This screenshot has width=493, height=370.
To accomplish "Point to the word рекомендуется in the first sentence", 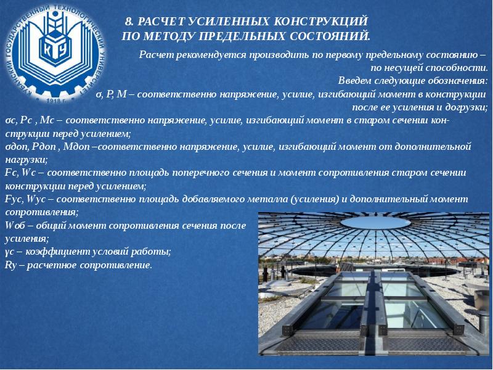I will point(204,55).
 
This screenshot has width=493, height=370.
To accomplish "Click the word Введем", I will point(356,81).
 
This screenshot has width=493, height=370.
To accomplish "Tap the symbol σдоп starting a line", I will point(15,147).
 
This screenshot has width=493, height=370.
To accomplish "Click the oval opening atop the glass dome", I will point(369,223).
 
